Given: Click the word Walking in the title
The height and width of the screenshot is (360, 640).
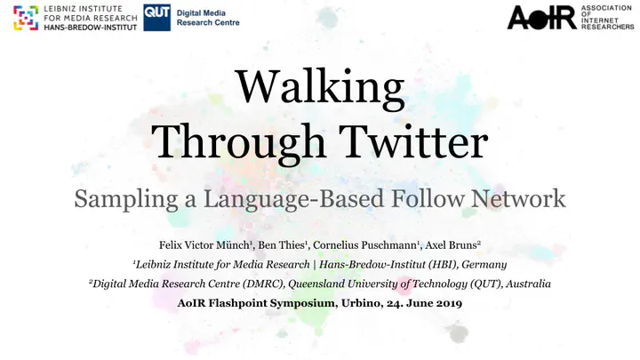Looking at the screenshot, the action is coord(320,89).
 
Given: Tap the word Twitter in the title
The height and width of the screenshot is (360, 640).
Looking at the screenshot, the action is coord(413,141).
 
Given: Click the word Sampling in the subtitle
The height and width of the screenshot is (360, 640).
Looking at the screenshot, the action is coord(125,200).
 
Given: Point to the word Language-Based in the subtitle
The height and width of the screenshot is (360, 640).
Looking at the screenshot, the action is coord(294,200).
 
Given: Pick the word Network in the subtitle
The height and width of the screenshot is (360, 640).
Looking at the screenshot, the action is coord(518,199).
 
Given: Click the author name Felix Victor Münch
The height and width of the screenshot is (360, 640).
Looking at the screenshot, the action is coord(204,245).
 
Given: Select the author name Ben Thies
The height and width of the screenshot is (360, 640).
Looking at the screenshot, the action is coord(281,245).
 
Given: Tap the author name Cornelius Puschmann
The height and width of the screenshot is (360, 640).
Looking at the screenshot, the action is coord(364,245).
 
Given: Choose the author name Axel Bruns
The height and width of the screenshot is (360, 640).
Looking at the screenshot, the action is coord(451,245).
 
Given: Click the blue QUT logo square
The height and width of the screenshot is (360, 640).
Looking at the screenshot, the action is coord(156,18).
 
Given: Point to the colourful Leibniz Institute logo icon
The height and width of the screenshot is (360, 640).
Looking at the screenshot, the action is coord(26,18).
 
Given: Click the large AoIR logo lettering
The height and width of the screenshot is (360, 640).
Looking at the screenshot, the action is coord(541,18).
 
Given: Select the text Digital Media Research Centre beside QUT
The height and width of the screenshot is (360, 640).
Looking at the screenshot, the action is coord(208,18).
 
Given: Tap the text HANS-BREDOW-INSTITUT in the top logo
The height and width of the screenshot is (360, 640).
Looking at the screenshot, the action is coord(90,28).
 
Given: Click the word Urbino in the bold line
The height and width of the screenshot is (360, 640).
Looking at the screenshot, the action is coord(360,303).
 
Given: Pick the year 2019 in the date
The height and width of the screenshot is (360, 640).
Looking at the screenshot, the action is coord(449,303).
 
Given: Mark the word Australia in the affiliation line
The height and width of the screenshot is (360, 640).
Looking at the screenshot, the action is coord(528,284).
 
